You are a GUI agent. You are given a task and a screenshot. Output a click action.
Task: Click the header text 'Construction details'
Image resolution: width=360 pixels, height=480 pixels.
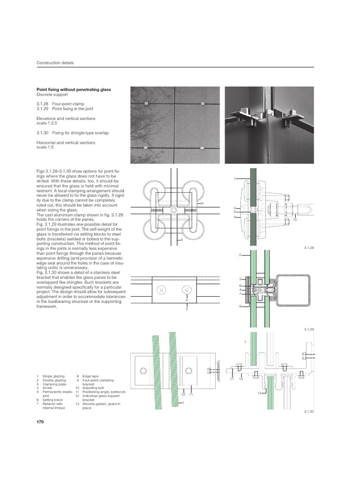click(55, 63)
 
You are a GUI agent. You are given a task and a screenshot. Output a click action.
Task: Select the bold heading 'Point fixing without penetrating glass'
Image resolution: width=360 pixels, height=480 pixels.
click(74, 89)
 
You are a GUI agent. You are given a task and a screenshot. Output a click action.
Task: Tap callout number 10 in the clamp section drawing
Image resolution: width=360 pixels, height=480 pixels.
click(295, 219)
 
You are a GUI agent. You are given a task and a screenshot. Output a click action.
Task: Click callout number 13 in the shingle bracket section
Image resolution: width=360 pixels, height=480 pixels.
click(259, 393)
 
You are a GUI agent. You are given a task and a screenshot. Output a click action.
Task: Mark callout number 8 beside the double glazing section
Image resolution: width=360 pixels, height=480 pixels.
click(240, 306)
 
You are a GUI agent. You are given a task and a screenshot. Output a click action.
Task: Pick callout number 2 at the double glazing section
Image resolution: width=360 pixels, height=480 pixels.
click(240, 255)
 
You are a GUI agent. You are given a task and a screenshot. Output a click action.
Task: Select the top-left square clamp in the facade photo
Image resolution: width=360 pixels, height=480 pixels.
click(147, 103)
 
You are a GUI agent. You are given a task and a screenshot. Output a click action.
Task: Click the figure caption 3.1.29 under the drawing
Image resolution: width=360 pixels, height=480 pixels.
click(308, 330)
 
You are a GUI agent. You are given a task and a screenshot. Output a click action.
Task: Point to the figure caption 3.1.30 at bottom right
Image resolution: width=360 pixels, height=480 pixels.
click(308, 411)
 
